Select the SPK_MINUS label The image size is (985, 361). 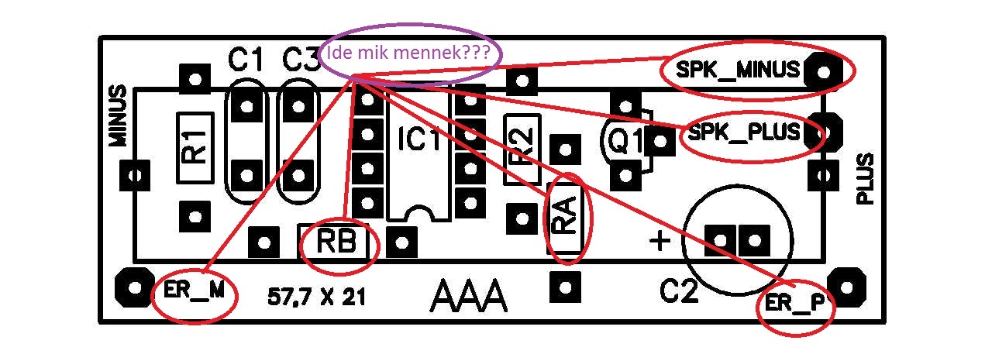click(737, 70)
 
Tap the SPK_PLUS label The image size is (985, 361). click(743, 133)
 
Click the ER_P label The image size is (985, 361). click(790, 302)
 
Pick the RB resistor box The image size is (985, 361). click(337, 242)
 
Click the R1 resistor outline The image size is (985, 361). click(195, 146)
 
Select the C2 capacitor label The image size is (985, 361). click(680, 292)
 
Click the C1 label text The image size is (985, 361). click(246, 60)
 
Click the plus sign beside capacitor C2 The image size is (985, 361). click(660, 241)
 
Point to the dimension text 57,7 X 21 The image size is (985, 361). click(316, 296)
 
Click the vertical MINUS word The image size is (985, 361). click(117, 115)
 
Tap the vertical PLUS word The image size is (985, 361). click(865, 179)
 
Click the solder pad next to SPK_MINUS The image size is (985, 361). click(824, 72)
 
